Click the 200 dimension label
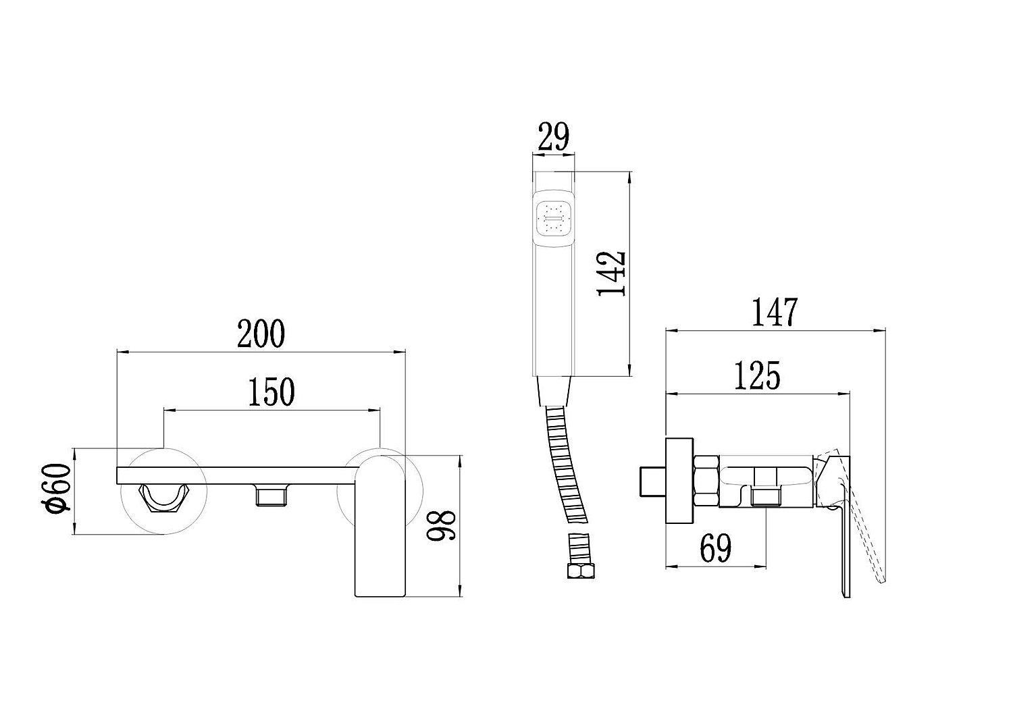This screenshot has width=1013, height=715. point(261,334)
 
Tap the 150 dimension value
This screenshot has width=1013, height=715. point(271,392)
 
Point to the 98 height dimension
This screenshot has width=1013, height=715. point(441,526)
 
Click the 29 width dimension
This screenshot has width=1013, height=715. point(554,136)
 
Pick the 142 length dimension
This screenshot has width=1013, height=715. point(612,273)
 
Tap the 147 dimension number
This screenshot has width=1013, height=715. point(775,312)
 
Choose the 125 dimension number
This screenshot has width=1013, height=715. point(757,375)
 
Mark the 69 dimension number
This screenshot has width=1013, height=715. point(715,548)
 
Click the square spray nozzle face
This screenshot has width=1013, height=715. point(554,219)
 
